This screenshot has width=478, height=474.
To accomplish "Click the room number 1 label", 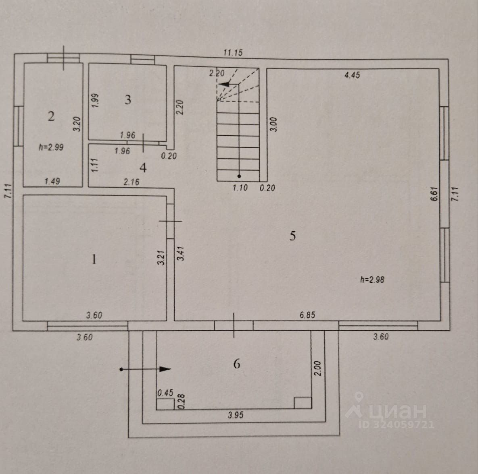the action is pos(94,259).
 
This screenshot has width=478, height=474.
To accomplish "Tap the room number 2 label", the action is pos(51,116).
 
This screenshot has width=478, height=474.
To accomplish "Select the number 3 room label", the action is pos(128,99).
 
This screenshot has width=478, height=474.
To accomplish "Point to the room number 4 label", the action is pos(143,167).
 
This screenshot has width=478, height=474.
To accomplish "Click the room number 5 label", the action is pos(292,236).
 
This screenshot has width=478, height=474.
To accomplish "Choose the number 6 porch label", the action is pos(237,364).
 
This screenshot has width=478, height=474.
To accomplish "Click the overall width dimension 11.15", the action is pos(233,52).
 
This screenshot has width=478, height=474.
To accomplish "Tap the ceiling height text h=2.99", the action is pos(51,147).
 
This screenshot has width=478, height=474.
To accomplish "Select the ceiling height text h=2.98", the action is pos(372,279).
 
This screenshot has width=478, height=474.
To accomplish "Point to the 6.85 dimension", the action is pos(307,315).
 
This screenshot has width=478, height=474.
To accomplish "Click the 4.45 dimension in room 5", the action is pos(352,75).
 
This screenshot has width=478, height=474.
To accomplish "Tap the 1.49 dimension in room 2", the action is pos(52,181).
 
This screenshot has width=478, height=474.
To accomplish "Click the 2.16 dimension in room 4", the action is pos(132,182).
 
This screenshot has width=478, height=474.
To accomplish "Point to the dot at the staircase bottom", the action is pos(239,176).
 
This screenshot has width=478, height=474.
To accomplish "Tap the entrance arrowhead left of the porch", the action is pos(166,368).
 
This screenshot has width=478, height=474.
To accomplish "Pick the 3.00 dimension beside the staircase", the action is pos(273,124).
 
